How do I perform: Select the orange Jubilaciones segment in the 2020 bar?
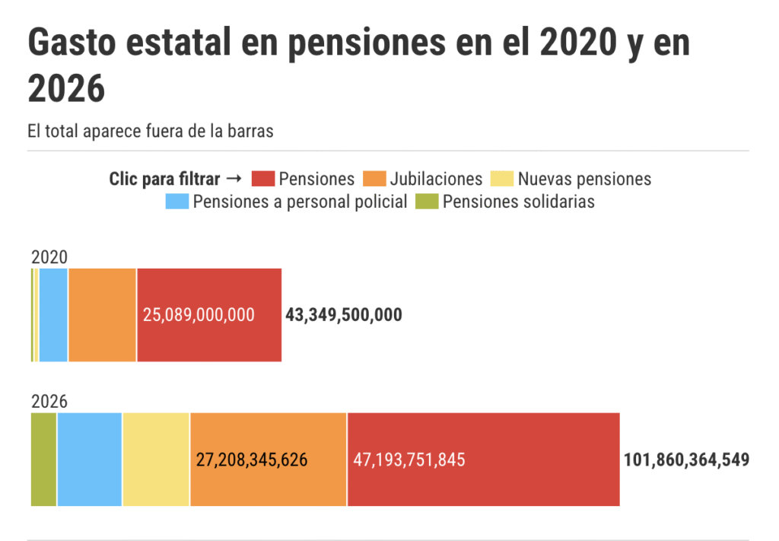point(102,315)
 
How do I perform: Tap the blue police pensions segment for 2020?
point(53,315)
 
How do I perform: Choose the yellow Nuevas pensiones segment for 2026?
point(156,460)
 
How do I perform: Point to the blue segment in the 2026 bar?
point(89,460)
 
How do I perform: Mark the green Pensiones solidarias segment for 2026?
point(43,460)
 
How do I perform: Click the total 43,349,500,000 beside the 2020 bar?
point(344,315)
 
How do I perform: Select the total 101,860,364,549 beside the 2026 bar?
point(686,460)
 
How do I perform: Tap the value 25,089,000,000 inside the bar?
point(199,315)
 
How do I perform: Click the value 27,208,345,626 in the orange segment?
point(252,460)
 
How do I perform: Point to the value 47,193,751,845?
point(409,460)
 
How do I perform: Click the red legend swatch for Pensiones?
point(262,179)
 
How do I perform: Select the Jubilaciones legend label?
point(436,179)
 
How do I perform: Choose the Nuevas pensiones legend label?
point(584,179)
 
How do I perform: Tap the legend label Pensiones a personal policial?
point(300,202)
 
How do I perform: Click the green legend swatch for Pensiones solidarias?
point(427,202)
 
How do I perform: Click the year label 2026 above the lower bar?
point(49,402)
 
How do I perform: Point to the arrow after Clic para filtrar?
point(234,179)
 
